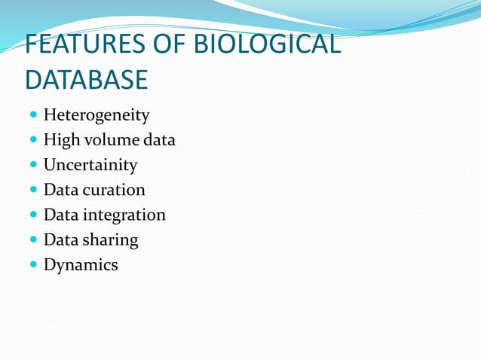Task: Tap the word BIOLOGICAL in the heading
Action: [268, 45]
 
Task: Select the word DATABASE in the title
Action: [87, 79]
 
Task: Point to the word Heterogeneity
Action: [97, 115]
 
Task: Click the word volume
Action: [105, 140]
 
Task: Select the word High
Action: [60, 140]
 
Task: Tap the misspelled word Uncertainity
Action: [90, 165]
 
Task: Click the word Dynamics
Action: [81, 265]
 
